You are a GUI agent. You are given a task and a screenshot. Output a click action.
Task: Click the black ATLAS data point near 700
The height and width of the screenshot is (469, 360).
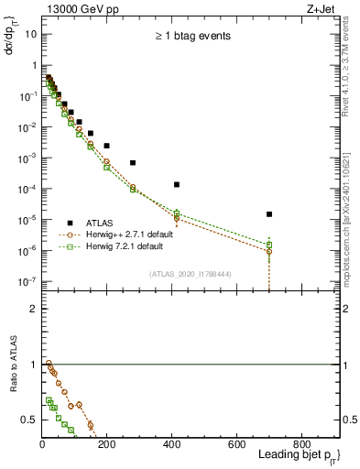[x=269, y=214]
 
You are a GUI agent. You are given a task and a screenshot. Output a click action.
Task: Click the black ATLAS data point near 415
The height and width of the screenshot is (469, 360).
[x=177, y=184]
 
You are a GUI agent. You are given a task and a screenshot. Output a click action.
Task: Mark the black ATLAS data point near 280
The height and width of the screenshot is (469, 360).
[x=133, y=162]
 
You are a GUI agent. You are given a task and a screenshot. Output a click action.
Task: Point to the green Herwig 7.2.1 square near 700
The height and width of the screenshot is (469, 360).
[x=269, y=245]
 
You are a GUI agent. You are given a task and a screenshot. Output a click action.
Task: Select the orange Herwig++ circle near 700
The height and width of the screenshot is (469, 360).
[x=269, y=251]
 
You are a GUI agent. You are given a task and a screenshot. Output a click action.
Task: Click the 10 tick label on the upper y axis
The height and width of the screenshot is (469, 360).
[x=30, y=33]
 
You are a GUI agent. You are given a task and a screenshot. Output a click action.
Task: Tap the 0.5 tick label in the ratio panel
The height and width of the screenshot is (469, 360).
[x=29, y=420]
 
